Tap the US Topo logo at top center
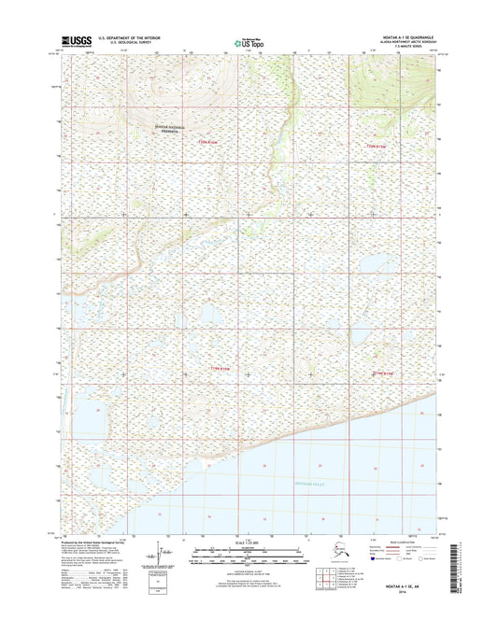(x=249, y=41)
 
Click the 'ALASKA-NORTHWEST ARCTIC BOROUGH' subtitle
(x=404, y=42)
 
